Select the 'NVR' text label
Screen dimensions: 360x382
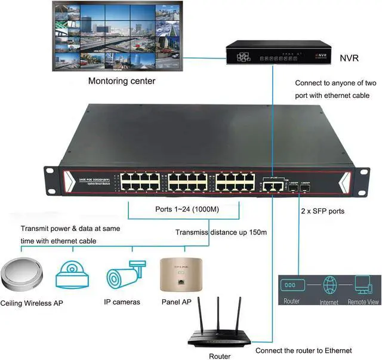pyautogui.click(x=349, y=59)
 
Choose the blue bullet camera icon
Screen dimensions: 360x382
pyautogui.click(x=125, y=275)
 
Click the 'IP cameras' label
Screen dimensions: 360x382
pyautogui.click(x=123, y=302)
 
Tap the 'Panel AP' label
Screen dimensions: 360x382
pyautogui.click(x=176, y=302)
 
